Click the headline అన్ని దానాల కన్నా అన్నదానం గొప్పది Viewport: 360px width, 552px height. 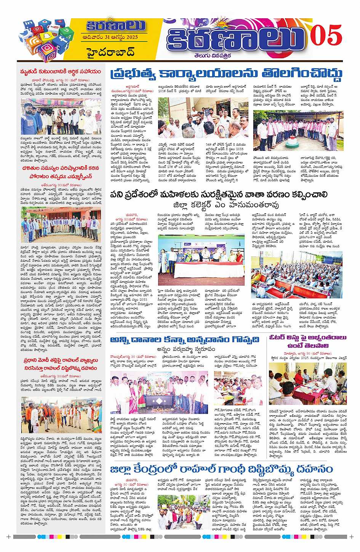point(185,339)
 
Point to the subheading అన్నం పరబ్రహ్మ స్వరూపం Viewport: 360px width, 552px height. point(185,349)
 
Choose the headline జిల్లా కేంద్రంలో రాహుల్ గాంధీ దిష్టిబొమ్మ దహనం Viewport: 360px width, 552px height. point(221,469)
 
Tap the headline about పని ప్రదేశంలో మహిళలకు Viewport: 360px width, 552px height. point(225,194)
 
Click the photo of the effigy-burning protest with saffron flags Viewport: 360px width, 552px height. point(61,416)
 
